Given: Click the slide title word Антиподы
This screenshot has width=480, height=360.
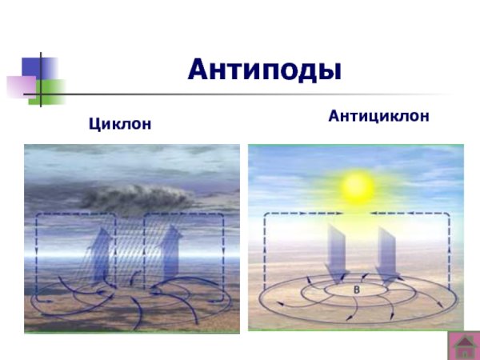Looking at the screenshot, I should point(265,70).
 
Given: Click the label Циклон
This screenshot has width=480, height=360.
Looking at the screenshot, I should point(119,125).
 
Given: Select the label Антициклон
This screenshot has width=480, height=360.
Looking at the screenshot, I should point(378,116).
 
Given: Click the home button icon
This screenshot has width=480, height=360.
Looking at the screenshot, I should point(461,345).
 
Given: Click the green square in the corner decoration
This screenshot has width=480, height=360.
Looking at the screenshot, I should point(50,86).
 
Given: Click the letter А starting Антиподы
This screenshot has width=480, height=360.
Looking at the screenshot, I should point(199,70).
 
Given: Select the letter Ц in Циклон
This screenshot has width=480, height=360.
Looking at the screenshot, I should point(93,126).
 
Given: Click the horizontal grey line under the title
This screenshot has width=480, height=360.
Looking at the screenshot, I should point(264,95).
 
